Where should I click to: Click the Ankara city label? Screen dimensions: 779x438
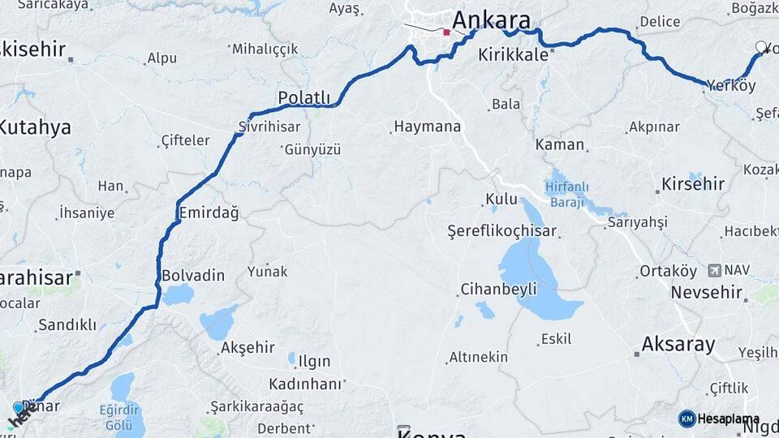point(491,20)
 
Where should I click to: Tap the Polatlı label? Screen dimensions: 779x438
point(304,98)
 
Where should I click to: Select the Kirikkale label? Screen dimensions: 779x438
point(514,55)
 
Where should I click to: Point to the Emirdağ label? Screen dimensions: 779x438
point(209,213)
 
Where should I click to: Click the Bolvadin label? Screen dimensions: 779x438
point(193,275)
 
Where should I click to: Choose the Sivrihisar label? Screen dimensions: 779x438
point(269,127)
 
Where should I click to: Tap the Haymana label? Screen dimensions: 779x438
point(427,127)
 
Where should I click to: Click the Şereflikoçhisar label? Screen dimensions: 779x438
point(502,231)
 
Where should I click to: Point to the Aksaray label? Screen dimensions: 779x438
point(678,345)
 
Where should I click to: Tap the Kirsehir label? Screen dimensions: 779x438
point(693,183)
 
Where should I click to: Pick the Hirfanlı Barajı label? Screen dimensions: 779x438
point(566,194)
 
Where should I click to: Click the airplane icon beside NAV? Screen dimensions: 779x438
point(714,270)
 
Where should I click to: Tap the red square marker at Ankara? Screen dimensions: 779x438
point(446,32)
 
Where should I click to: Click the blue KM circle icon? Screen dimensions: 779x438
point(686,419)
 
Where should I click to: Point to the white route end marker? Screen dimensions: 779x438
point(760,47)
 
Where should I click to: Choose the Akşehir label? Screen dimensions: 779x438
point(247,348)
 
